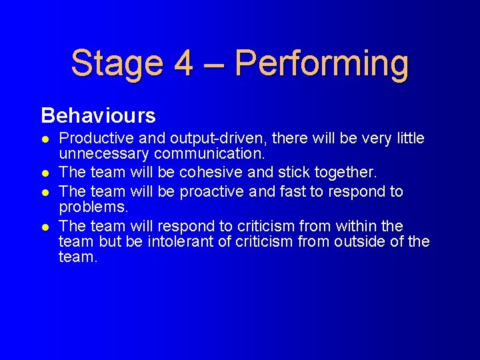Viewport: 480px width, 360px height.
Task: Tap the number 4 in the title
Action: point(183,63)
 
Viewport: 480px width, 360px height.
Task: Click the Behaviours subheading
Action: point(98,116)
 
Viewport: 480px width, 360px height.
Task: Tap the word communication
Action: point(208,154)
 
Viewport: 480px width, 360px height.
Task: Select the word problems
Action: point(93,207)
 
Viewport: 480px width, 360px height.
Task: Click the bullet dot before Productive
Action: point(44,139)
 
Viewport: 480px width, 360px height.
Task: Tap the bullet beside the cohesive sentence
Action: point(44,173)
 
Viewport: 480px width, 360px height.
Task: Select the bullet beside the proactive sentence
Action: point(44,192)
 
